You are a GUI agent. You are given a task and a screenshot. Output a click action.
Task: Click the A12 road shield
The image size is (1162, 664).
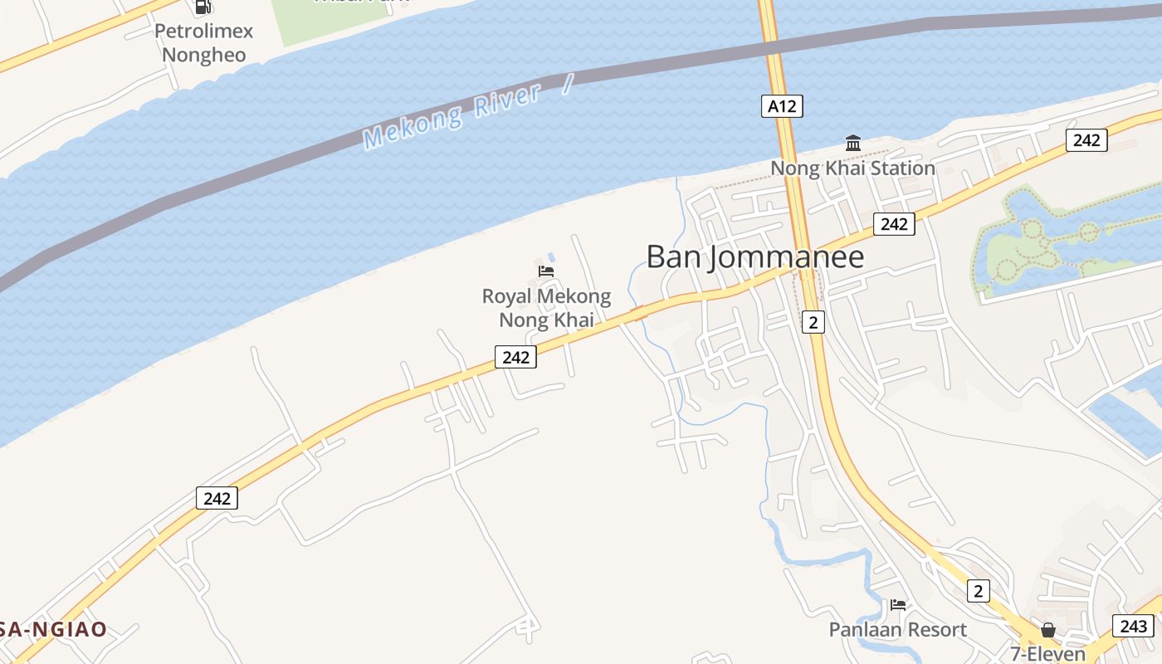(x=782, y=106)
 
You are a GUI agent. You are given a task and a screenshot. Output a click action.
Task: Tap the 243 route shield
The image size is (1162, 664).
(x=1133, y=626)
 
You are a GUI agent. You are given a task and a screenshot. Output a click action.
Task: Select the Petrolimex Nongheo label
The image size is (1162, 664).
(x=203, y=43)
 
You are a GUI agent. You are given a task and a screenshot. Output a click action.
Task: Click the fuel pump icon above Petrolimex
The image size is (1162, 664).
(x=203, y=7)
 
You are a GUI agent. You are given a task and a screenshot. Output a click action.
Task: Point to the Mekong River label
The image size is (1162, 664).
(x=452, y=116)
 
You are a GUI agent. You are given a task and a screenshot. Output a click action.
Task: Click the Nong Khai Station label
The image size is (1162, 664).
(x=852, y=168)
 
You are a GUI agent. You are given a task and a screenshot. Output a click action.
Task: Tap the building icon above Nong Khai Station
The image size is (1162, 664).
(x=852, y=144)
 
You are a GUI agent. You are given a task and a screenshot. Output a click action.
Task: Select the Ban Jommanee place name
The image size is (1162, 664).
(x=754, y=257)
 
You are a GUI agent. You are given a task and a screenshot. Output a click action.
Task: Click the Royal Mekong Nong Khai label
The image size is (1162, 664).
(x=546, y=308)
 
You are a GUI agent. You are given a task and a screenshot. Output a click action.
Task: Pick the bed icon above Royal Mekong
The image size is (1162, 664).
(x=546, y=271)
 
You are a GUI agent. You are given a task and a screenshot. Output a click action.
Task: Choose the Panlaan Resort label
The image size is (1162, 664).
(x=897, y=630)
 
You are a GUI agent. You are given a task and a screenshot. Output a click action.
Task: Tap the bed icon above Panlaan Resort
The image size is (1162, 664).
(x=898, y=604)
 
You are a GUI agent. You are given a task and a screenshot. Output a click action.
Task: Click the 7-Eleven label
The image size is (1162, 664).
(x=1047, y=653)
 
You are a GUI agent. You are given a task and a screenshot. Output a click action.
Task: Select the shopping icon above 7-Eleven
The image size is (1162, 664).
(x=1047, y=629)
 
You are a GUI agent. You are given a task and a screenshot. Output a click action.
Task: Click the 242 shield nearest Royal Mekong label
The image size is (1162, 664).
(x=515, y=357)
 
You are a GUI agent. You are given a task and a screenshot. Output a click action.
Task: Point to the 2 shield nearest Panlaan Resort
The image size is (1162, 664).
(x=979, y=591)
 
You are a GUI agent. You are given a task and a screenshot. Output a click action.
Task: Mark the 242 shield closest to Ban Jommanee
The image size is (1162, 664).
(x=894, y=224)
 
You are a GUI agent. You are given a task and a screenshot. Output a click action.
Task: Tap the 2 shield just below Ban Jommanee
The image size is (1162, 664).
(x=813, y=322)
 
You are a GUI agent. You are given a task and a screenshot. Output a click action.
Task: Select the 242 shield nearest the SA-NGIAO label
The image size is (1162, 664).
(x=217, y=498)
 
